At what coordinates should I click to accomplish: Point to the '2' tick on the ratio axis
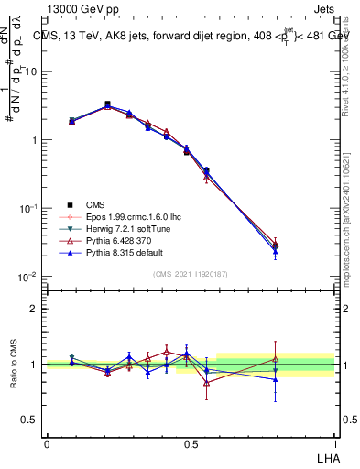tap(35, 309)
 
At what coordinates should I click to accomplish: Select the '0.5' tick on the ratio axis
tap(29, 420)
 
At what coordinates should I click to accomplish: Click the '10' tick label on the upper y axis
tap(30, 71)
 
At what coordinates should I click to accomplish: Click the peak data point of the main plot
tap(107, 104)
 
